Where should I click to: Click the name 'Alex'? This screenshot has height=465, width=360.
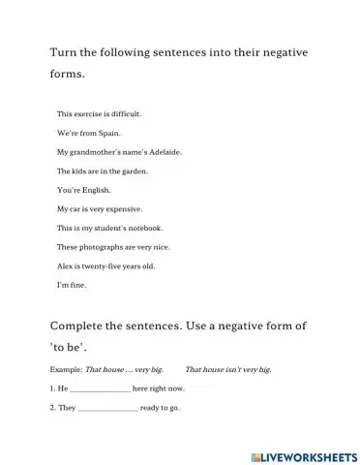[x=66, y=264]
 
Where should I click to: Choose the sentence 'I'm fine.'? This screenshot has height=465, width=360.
[x=72, y=284]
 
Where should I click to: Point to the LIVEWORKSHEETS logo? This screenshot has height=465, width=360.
[x=299, y=452]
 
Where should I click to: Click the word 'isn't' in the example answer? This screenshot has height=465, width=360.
[x=230, y=369]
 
